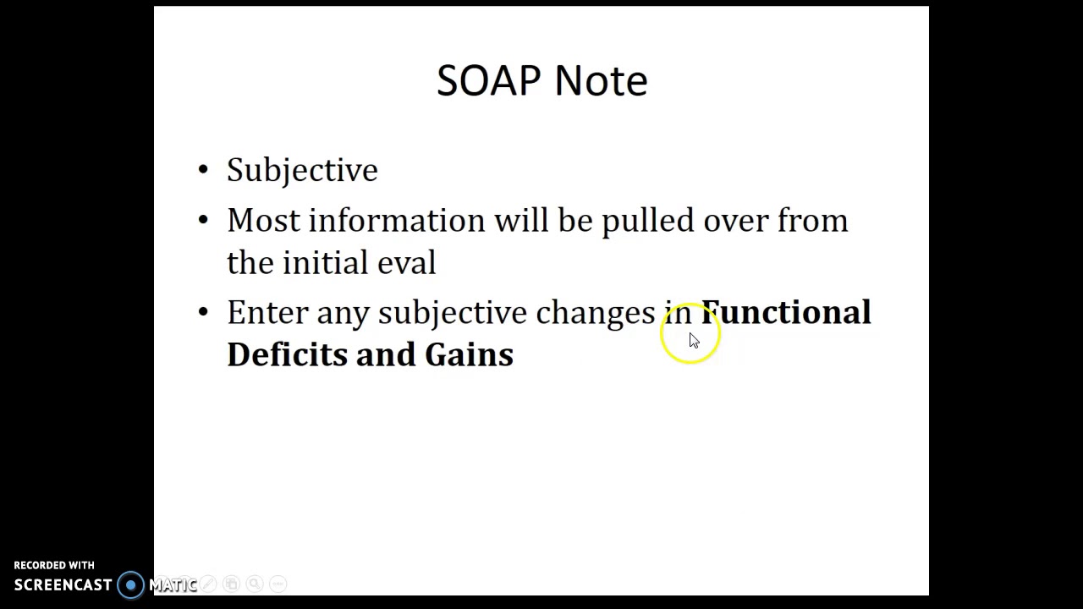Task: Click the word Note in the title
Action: click(601, 81)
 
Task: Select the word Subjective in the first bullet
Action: click(302, 171)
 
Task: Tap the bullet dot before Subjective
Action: click(203, 170)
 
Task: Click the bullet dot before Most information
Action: click(203, 221)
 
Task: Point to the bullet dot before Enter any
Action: click(203, 312)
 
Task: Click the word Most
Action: click(263, 221)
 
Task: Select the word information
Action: click(396, 221)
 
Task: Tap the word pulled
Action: click(647, 221)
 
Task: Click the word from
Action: click(812, 221)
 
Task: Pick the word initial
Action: click(325, 263)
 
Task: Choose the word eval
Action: click(406, 263)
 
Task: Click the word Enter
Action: click(267, 313)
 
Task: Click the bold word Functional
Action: click(786, 312)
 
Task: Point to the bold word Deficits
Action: click(287, 354)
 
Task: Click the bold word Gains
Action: click(469, 354)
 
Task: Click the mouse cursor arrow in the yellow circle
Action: click(693, 340)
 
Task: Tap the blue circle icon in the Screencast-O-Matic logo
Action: click(131, 584)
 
